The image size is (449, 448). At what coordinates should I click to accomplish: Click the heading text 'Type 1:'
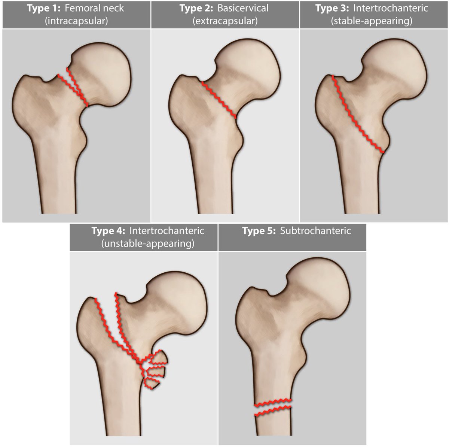point(43,8)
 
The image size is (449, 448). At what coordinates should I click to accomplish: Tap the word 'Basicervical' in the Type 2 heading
point(243,8)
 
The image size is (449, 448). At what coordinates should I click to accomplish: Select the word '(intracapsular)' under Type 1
point(76,21)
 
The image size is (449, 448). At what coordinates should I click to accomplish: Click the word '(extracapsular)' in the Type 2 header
point(225,21)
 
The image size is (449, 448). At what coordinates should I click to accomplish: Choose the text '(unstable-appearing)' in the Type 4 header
point(147,243)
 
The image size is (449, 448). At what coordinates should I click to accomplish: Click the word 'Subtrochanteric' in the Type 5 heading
point(315,230)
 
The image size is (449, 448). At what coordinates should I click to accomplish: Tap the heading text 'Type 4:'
point(109,230)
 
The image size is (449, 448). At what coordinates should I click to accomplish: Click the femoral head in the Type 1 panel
point(103,73)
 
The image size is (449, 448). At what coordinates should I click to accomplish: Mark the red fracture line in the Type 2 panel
point(219,100)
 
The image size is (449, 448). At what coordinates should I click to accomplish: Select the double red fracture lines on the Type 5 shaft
point(273,408)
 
